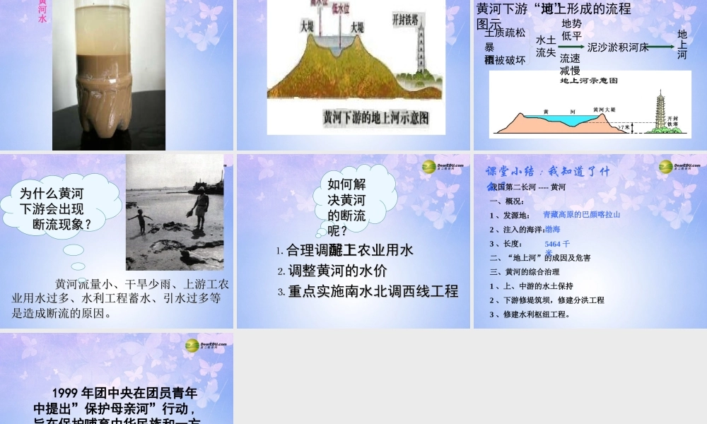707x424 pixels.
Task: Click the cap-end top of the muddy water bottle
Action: tap(107, 4)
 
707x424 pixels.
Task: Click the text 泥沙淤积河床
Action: tap(618, 47)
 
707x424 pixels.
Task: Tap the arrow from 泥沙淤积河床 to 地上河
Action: tap(662, 47)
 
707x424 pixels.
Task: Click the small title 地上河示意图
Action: tap(588, 81)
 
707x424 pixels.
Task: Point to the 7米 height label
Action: tap(623, 127)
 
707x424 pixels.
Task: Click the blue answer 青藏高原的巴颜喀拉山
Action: tap(580, 215)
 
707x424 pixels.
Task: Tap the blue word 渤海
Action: tap(552, 229)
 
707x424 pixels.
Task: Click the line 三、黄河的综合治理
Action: tap(524, 271)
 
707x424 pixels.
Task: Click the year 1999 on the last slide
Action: tap(64, 393)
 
